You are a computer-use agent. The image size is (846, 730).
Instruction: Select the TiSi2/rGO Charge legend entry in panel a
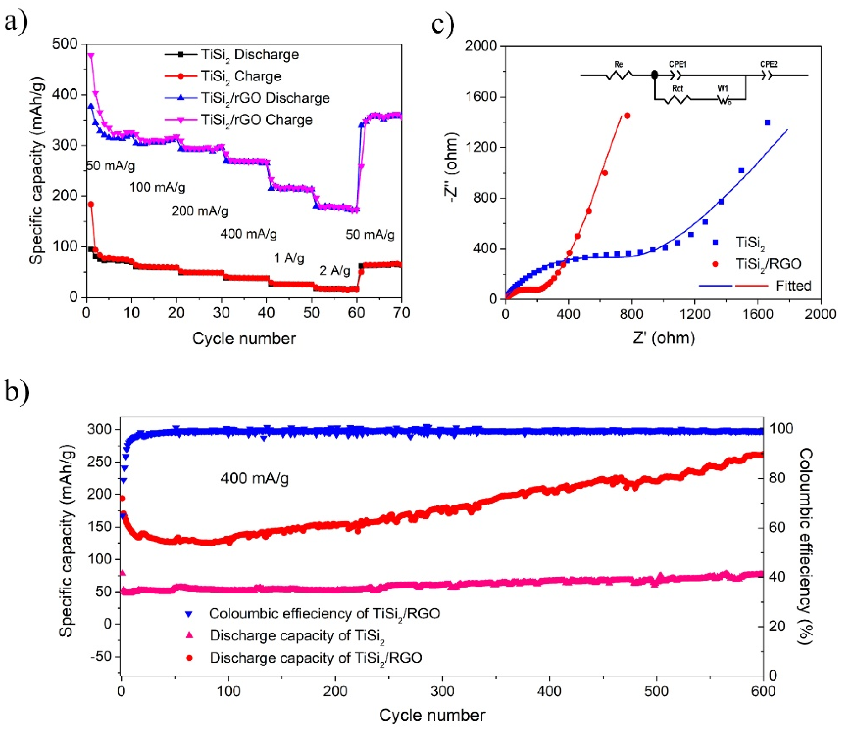click(256, 120)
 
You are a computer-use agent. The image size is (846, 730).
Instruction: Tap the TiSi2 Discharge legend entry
click(250, 55)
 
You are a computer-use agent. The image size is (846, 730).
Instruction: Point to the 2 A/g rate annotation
click(335, 270)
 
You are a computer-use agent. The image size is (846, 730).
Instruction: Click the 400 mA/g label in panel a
click(249, 234)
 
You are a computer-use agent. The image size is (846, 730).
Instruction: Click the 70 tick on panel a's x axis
click(401, 313)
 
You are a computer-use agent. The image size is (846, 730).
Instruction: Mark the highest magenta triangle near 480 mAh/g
click(91, 55)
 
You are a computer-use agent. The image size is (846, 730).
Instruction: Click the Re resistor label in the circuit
click(618, 65)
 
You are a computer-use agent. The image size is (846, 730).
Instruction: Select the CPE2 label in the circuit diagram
click(769, 65)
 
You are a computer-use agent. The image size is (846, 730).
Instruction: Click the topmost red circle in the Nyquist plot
click(627, 116)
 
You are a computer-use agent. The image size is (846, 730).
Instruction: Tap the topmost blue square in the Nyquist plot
click(768, 122)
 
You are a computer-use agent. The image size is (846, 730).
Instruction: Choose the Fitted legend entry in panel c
click(793, 286)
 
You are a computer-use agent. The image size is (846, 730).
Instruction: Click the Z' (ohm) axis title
click(664, 338)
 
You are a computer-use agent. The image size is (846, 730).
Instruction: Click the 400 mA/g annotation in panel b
click(255, 478)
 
